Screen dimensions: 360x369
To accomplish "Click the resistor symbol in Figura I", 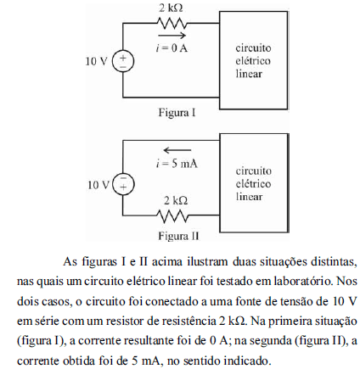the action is point(172,24).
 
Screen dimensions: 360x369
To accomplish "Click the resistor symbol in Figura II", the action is point(172,215).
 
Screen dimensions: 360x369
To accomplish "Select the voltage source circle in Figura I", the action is point(123,61).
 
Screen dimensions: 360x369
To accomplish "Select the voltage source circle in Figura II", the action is point(123,184).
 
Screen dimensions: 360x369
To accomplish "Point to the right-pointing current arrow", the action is point(172,36).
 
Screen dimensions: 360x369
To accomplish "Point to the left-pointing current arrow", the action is point(177,150).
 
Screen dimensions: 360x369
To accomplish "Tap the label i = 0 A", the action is point(172,48).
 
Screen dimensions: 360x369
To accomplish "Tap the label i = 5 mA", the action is point(177,164).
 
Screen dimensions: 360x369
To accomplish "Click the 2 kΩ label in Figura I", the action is point(171,8).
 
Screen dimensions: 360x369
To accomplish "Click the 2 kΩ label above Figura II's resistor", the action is point(176,200).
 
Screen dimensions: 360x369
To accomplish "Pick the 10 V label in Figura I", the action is point(97,61).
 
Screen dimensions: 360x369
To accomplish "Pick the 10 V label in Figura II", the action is point(98,185).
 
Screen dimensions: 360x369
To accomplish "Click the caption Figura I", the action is point(177,113).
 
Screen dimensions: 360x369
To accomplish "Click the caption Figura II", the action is point(178,236).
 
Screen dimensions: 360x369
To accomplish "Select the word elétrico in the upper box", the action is point(253,61).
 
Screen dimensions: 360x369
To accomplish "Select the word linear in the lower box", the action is point(249,197).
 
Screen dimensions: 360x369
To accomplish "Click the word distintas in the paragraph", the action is point(333,262).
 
